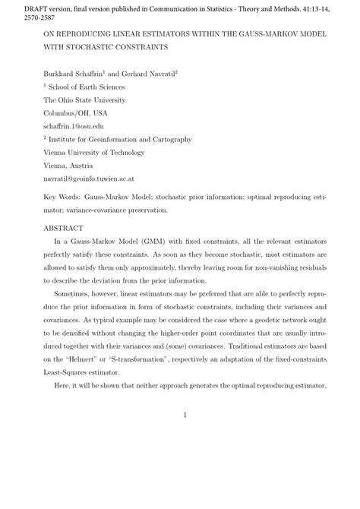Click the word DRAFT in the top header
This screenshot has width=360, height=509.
(16, 7)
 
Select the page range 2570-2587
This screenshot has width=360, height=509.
(22, 17)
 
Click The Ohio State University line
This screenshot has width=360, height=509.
(85, 100)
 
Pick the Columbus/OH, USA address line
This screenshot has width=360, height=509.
(76, 113)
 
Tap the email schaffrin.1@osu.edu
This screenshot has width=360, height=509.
(74, 126)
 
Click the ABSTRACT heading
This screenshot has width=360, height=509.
(64, 227)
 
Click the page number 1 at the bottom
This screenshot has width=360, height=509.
(185, 415)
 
